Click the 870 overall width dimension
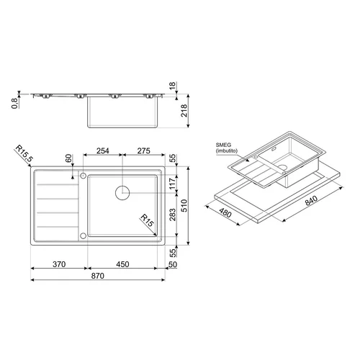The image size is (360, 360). point(98,276)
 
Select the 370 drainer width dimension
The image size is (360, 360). point(59,264)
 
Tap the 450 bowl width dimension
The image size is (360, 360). point(122,264)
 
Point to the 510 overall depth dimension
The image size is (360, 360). point(184,205)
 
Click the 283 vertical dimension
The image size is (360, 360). point(173,215)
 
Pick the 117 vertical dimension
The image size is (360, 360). point(173,184)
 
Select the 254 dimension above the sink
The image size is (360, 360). point(103,150)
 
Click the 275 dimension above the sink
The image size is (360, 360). point(144,150)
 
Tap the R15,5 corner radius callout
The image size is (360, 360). point(24,153)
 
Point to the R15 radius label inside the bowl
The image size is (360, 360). point(147,220)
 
